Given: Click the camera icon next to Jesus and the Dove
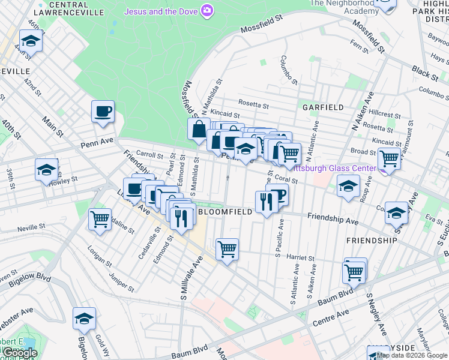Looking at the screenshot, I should pyautogui.click(x=207, y=10).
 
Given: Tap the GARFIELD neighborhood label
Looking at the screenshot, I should pyautogui.click(x=323, y=107).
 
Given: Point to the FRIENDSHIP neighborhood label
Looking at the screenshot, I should pyautogui.click(x=372, y=240).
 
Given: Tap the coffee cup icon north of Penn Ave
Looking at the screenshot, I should pyautogui.click(x=103, y=112).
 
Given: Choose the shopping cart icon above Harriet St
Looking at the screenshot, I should pyautogui.click(x=227, y=249).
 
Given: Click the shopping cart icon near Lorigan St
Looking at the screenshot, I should pyautogui.click(x=100, y=219).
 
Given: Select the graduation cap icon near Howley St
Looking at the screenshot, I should pyautogui.click(x=46, y=170).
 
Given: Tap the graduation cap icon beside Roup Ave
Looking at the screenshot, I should pyautogui.click(x=348, y=186).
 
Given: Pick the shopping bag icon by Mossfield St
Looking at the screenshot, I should pyautogui.click(x=198, y=129).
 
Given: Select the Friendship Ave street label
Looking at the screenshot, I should pyautogui.click(x=332, y=218).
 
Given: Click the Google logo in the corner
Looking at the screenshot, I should pyautogui.click(x=20, y=353).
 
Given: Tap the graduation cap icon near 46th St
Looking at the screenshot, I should pyautogui.click(x=30, y=41).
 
